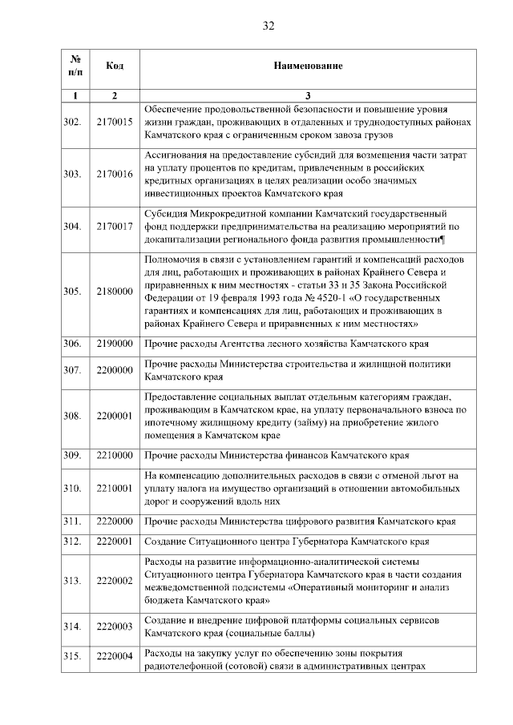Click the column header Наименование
[x=308, y=65]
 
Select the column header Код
[x=114, y=65]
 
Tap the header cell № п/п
[x=75, y=65]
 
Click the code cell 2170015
[x=114, y=122]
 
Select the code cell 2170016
[x=114, y=174]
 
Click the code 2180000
[x=114, y=292]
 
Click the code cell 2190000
[x=114, y=344]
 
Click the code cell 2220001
[x=114, y=541]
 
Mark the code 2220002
[x=114, y=580]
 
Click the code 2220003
[x=114, y=626]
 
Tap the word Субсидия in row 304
[x=166, y=214]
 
